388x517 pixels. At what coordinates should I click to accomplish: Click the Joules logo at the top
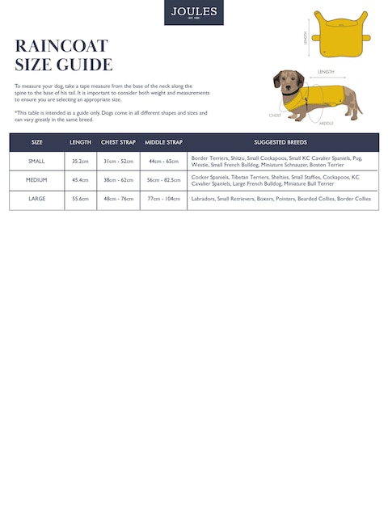[x=194, y=12]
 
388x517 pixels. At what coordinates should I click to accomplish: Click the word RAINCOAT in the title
[x=61, y=45]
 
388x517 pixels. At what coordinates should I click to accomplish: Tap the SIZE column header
[x=37, y=142]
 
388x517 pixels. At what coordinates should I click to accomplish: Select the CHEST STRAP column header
[x=118, y=142]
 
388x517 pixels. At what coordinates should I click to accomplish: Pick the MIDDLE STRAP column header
[x=163, y=142]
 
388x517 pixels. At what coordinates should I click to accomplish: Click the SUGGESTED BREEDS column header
[x=280, y=142]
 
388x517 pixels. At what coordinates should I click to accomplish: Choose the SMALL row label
[x=37, y=161]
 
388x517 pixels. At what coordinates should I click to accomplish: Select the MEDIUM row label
[x=37, y=179]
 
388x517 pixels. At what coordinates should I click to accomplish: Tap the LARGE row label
[x=37, y=198]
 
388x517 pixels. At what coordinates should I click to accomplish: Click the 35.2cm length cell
[x=80, y=161]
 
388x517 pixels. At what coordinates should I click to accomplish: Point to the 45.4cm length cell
[x=80, y=179]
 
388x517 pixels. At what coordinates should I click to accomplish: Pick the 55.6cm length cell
[x=80, y=198]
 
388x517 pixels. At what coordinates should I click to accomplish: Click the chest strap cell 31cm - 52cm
[x=118, y=161]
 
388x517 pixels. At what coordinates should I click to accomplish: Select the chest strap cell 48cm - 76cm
[x=118, y=198]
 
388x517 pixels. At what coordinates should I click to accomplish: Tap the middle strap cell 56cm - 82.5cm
[x=163, y=179]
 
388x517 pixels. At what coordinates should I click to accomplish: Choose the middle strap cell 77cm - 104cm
[x=163, y=198]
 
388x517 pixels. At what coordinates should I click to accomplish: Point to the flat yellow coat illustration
[x=340, y=33]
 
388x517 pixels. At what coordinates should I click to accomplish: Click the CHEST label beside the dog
[x=275, y=116]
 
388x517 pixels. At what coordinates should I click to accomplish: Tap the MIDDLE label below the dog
[x=327, y=124]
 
